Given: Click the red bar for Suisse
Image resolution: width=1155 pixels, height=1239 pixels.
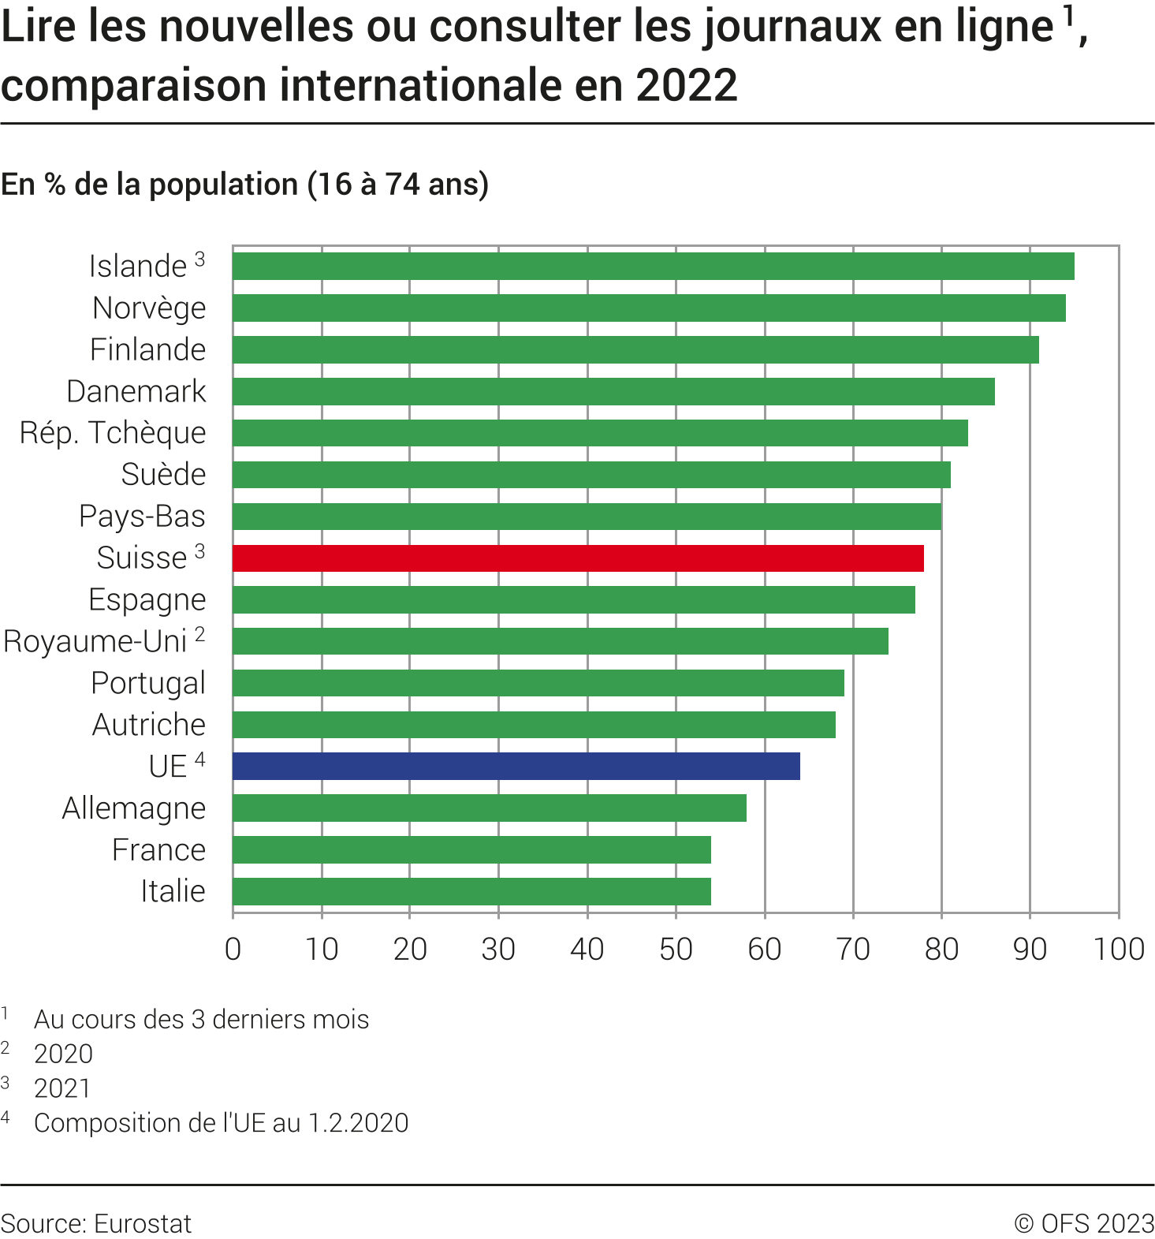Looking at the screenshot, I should pyautogui.click(x=578, y=558).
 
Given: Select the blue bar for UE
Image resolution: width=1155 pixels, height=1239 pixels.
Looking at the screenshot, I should pyautogui.click(x=516, y=767).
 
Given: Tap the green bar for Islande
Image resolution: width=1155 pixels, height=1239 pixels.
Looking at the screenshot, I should pyautogui.click(x=653, y=267).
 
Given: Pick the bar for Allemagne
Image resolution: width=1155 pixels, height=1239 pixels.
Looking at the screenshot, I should pyautogui.click(x=490, y=808).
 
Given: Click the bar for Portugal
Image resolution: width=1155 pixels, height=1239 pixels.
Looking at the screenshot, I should pyautogui.click(x=538, y=683).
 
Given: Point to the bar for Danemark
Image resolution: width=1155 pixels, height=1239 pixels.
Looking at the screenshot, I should pyautogui.click(x=613, y=391).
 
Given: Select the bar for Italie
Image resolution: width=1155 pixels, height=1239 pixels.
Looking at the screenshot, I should pyautogui.click(x=471, y=891).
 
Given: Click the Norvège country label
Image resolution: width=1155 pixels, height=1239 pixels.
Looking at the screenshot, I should pyautogui.click(x=149, y=308).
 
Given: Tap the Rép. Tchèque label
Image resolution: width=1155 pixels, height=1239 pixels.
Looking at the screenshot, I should pyautogui.click(x=113, y=433).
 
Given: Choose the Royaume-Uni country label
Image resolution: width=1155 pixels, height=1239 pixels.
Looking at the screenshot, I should pyautogui.click(x=95, y=641).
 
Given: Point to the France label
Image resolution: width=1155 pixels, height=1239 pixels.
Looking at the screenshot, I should pyautogui.click(x=158, y=850).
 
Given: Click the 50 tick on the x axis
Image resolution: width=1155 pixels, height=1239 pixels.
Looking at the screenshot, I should pyautogui.click(x=676, y=950).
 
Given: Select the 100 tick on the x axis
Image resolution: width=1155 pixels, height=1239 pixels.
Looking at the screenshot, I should pyautogui.click(x=1119, y=950).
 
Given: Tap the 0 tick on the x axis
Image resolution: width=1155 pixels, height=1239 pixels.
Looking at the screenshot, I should pyautogui.click(x=233, y=950).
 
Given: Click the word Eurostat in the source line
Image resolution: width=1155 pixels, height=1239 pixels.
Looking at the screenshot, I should pyautogui.click(x=143, y=1223).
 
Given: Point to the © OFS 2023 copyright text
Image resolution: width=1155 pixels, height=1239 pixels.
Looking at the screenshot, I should pyautogui.click(x=1084, y=1223).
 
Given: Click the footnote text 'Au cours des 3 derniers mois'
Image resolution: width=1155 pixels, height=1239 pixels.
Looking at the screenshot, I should pyautogui.click(x=201, y=1020).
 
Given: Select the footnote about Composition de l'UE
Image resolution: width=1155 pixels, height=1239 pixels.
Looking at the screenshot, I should pyautogui.click(x=221, y=1123).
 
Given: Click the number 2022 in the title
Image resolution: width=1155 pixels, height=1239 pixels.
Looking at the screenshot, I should pyautogui.click(x=686, y=85).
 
